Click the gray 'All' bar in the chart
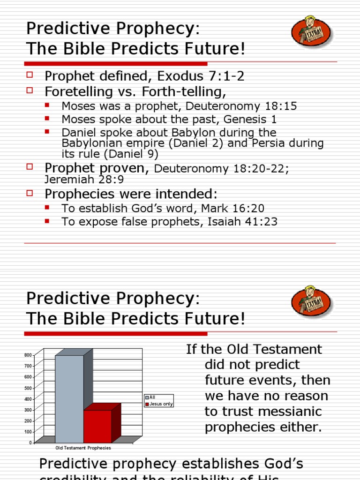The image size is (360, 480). click(69, 398)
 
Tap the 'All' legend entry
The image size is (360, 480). click(152, 397)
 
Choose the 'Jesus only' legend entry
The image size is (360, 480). click(161, 404)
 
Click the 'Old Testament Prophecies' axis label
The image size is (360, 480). click(83, 448)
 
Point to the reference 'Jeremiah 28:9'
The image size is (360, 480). click(85, 179)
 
